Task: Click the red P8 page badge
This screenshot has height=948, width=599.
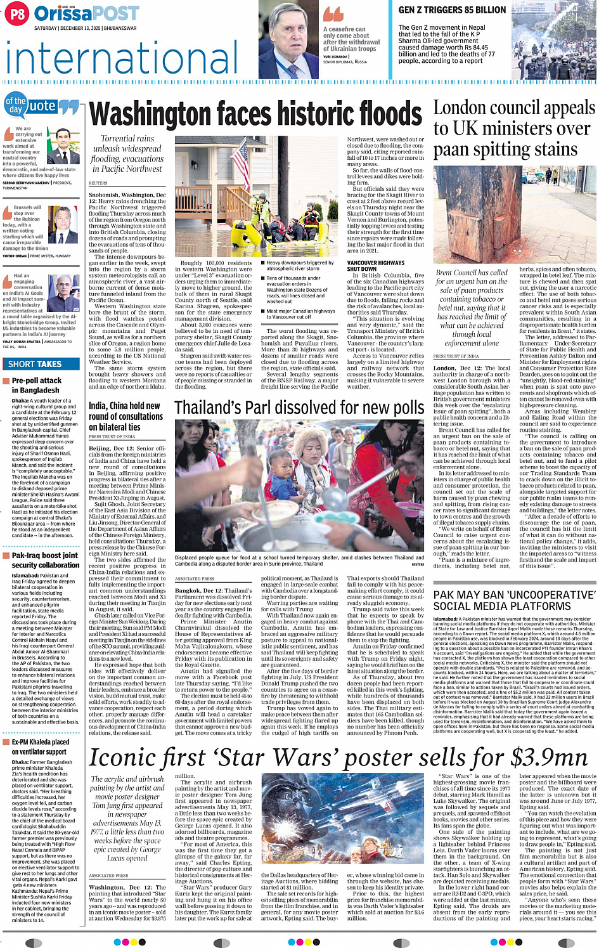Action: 17,13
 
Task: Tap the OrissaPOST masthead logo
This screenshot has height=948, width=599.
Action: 86,13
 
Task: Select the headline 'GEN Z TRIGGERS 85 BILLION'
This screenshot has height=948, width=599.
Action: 452,10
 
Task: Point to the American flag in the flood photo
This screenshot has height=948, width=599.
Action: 240,162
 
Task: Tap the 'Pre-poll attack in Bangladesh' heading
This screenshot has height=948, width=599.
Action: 37,385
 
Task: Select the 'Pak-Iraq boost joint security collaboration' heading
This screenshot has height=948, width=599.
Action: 45,560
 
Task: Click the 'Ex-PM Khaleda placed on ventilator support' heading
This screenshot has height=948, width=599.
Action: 41,746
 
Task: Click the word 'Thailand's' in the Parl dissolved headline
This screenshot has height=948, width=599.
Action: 215,408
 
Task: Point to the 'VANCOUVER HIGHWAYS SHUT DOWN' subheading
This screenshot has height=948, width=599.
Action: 375,266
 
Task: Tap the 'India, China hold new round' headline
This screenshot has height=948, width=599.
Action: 126,416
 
